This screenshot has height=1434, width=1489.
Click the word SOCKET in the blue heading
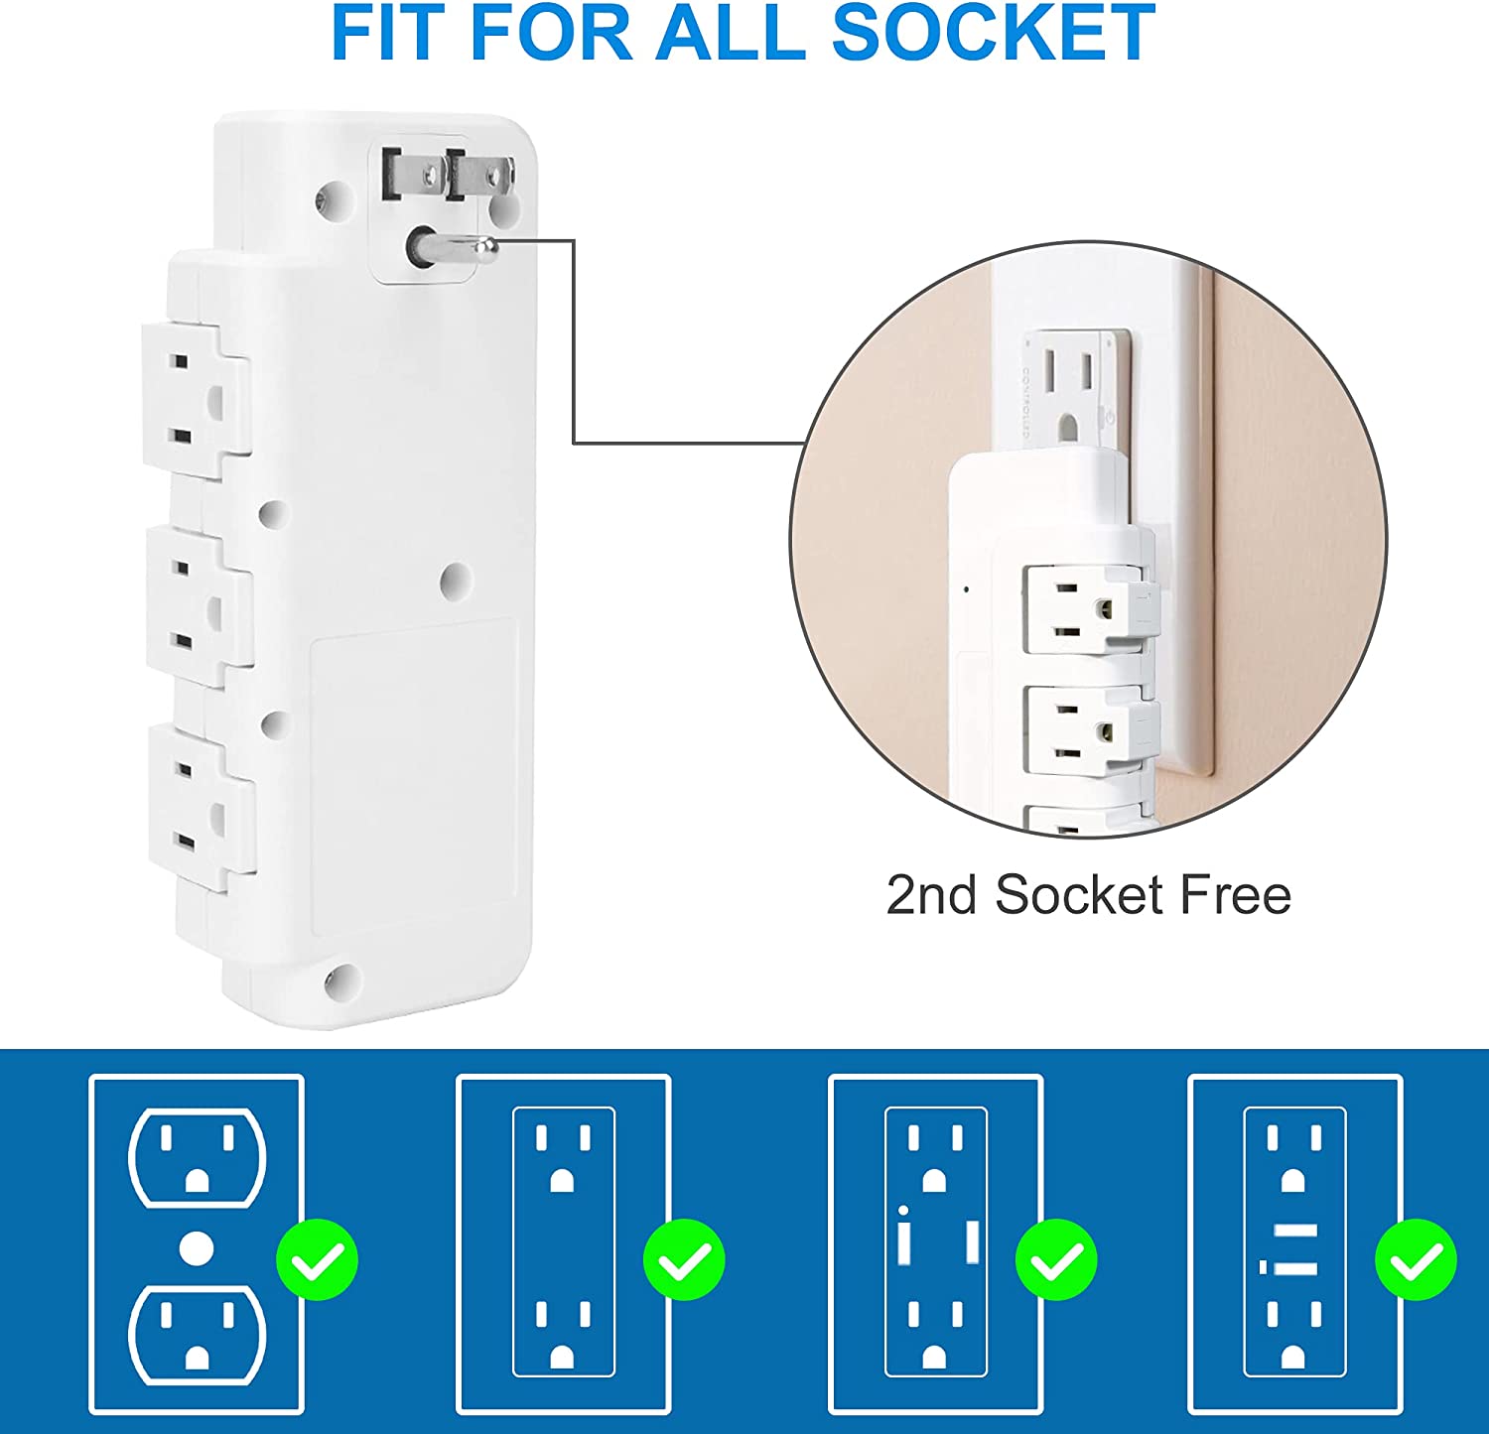click(993, 32)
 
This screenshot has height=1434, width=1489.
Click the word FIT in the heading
click(390, 32)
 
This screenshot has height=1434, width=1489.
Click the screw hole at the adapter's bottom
click(340, 981)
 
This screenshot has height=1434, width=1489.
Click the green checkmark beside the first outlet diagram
click(317, 1259)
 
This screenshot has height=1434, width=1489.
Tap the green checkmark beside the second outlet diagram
click(684, 1259)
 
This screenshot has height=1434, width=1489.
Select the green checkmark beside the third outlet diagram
click(1056, 1259)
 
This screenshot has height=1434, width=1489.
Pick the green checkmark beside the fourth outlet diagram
click(1416, 1259)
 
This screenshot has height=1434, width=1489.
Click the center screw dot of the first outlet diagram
click(197, 1247)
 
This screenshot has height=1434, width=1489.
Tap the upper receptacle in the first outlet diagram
click(198, 1157)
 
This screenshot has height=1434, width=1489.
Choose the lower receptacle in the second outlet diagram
click(563, 1335)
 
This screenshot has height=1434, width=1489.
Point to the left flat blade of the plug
click(393, 176)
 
